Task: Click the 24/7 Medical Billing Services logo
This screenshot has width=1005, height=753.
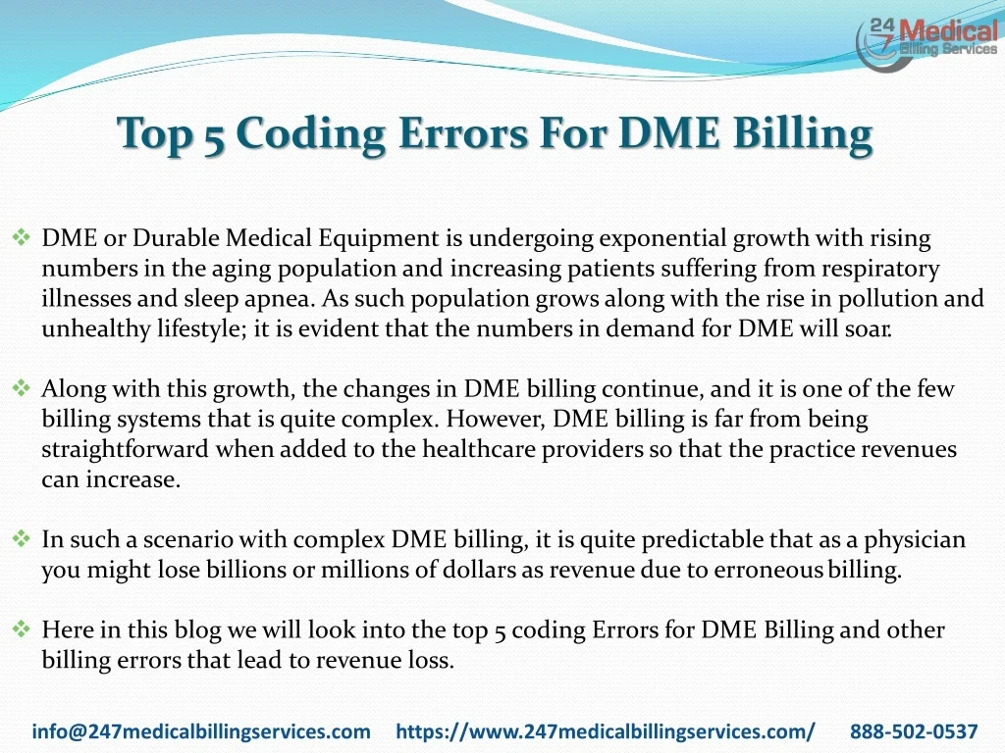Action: [926, 42]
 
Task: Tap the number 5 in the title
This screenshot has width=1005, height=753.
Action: [216, 133]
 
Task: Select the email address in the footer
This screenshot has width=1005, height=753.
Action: [201, 731]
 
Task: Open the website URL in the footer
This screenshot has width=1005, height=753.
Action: [605, 731]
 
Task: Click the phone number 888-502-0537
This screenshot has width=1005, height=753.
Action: [914, 731]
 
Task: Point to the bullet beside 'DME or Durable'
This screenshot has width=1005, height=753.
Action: [22, 238]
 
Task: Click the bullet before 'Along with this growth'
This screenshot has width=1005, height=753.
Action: [22, 389]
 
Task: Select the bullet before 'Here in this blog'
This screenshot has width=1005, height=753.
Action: [22, 630]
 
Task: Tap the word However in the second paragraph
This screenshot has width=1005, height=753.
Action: [498, 420]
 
